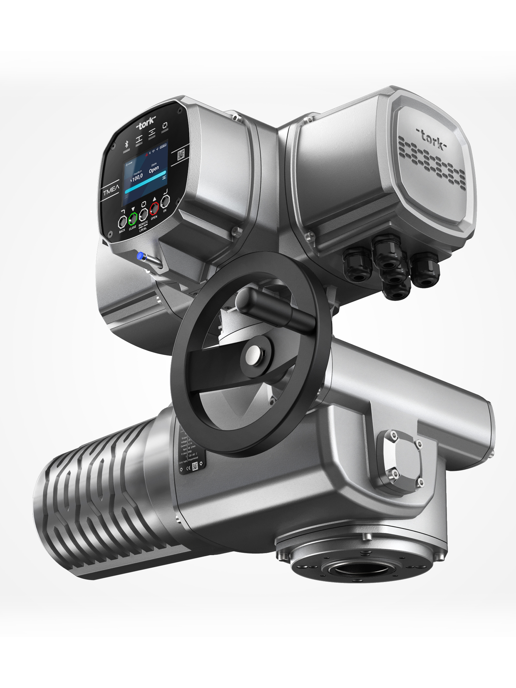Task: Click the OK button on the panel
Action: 165,201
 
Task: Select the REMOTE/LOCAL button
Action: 143,215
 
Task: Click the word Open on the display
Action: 154,169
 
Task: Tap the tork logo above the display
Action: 146,124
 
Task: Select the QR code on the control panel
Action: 181,154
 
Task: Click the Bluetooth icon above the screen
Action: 126,144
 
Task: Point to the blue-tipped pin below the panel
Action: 140,256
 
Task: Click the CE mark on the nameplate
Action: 188,468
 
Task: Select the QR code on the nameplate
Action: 195,466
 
